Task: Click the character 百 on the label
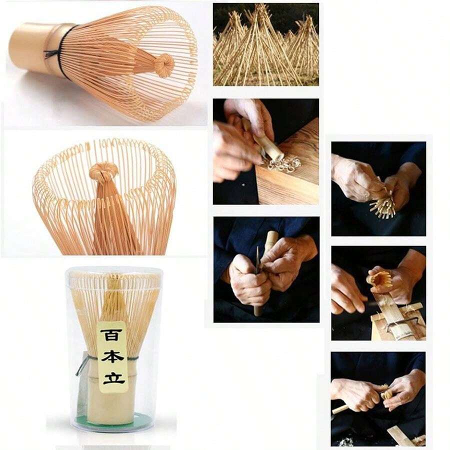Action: (x=109, y=335)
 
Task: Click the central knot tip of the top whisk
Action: (x=164, y=65)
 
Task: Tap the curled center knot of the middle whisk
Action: (x=104, y=171)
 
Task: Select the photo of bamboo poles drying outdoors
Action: (x=266, y=44)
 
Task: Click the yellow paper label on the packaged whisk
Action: (x=112, y=356)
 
